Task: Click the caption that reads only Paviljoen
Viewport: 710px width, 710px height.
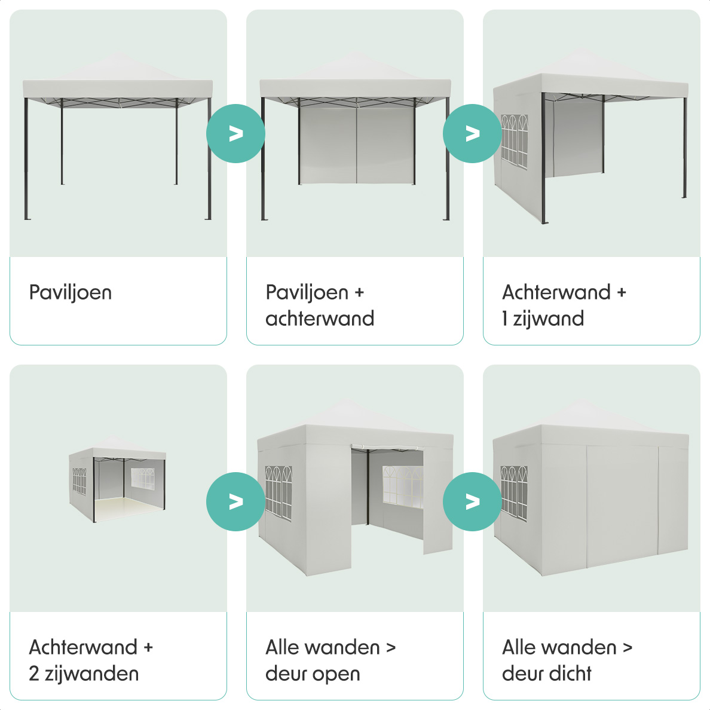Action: tap(70, 292)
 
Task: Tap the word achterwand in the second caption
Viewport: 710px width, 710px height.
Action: tap(320, 319)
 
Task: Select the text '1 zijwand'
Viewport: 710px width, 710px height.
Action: tap(543, 319)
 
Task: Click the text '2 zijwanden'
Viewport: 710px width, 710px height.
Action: tap(84, 674)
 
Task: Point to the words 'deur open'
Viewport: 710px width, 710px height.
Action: tap(313, 674)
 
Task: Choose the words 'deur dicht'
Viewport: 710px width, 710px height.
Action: tap(546, 674)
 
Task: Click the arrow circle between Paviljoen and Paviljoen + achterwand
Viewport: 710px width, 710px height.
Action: tap(235, 134)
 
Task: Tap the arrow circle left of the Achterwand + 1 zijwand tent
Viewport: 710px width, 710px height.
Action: tap(472, 134)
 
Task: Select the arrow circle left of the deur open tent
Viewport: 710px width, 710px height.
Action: tap(235, 501)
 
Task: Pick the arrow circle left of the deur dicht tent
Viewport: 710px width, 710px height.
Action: tap(472, 501)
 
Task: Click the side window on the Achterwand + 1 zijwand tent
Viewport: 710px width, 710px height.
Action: tap(515, 141)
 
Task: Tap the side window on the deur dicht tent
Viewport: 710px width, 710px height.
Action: tap(514, 493)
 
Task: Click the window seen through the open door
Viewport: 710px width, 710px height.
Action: tap(403, 486)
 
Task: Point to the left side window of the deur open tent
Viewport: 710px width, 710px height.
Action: tap(279, 492)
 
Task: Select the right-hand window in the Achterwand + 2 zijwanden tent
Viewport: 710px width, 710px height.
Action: tap(143, 479)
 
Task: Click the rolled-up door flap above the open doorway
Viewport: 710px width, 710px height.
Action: tap(387, 448)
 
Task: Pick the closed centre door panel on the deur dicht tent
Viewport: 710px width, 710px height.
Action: tap(623, 506)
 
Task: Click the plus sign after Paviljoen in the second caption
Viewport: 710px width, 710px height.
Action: tap(359, 292)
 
